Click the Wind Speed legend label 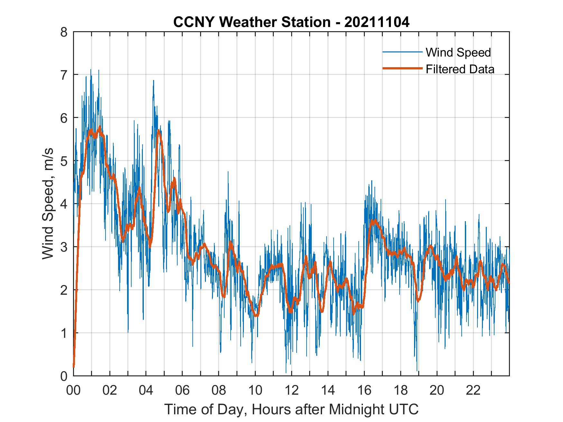(x=458, y=52)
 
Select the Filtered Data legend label (x=460, y=69)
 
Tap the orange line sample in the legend (x=402, y=69)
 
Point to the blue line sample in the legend (x=402, y=52)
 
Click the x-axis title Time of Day (x=291, y=409)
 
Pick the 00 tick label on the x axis (x=73, y=391)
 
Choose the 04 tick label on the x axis (x=146, y=391)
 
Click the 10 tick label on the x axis (x=255, y=391)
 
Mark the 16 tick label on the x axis (x=364, y=391)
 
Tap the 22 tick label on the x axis (x=473, y=391)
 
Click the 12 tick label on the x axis (x=291, y=391)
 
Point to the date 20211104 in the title (x=377, y=22)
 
